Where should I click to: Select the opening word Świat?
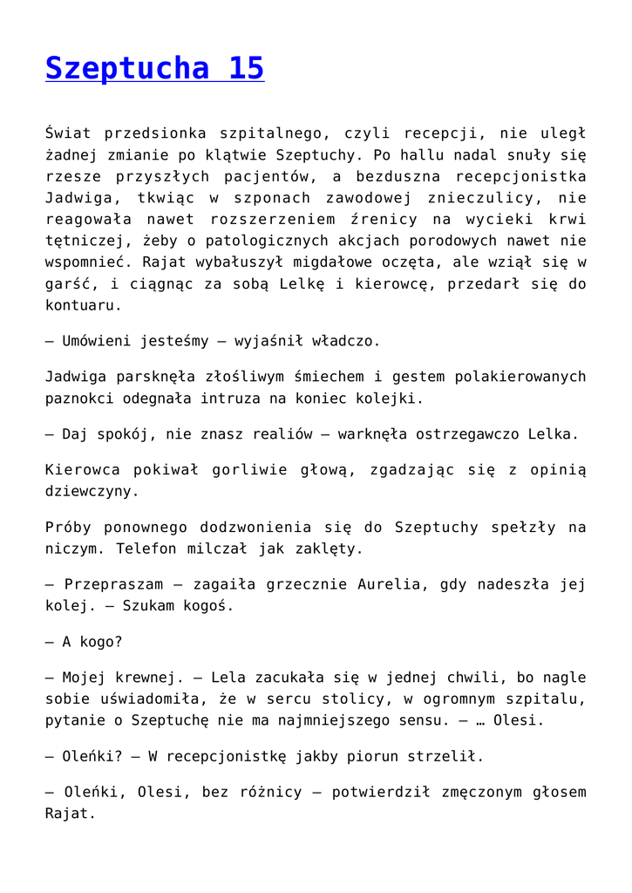(x=67, y=133)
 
